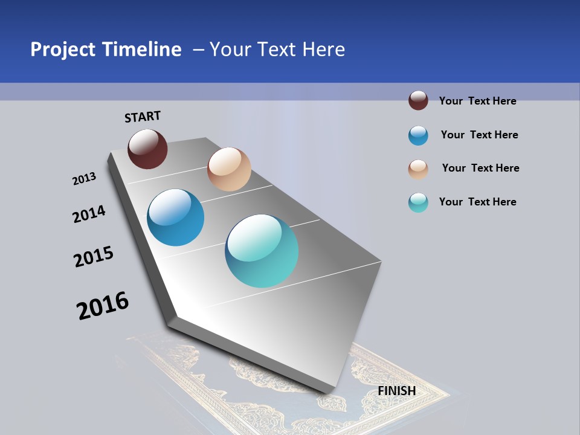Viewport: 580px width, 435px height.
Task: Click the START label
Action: click(143, 117)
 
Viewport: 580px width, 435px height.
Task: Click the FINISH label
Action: click(397, 391)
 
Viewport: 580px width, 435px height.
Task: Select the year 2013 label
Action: click(84, 179)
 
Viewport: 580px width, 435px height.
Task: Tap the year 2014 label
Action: click(89, 214)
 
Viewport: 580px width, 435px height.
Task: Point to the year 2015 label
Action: click(94, 257)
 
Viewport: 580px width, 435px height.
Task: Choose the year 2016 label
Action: click(103, 306)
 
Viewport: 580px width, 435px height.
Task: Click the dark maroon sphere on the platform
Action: click(147, 149)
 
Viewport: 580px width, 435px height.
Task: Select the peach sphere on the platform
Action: click(229, 169)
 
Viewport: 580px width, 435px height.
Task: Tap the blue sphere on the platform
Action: click(176, 217)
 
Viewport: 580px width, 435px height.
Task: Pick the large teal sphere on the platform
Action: click(262, 251)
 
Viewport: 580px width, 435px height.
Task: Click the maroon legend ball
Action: click(418, 100)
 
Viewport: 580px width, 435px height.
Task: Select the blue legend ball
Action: click(418, 135)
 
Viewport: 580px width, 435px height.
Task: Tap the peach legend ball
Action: click(418, 169)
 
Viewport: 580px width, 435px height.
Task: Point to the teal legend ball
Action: click(418, 202)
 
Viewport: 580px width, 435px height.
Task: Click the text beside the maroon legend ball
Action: click(477, 101)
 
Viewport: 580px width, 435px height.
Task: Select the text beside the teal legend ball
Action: click(477, 202)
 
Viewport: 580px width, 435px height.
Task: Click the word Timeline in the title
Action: click(143, 50)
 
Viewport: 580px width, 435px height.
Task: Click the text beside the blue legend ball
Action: click(479, 135)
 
